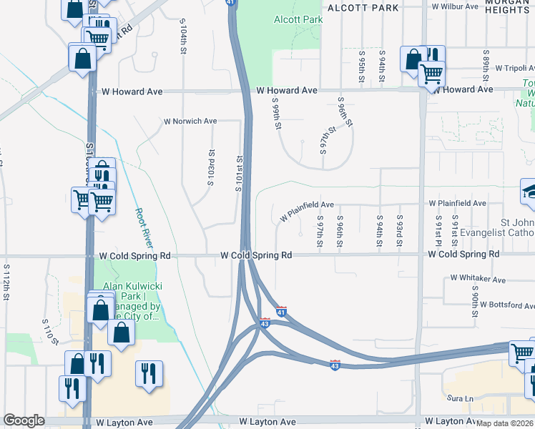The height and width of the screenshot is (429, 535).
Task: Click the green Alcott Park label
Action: [x=298, y=19]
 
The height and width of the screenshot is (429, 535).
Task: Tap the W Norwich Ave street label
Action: [x=190, y=121]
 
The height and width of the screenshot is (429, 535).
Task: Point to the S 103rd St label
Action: [x=211, y=168]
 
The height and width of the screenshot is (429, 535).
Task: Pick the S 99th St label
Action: [x=275, y=114]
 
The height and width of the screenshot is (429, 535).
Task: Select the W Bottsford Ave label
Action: [x=507, y=304]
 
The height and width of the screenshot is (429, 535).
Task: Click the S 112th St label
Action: [x=6, y=282]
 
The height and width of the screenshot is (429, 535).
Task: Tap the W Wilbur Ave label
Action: [x=455, y=6]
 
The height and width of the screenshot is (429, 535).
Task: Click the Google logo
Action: [x=24, y=420]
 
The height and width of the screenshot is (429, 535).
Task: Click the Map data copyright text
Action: [x=504, y=423]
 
